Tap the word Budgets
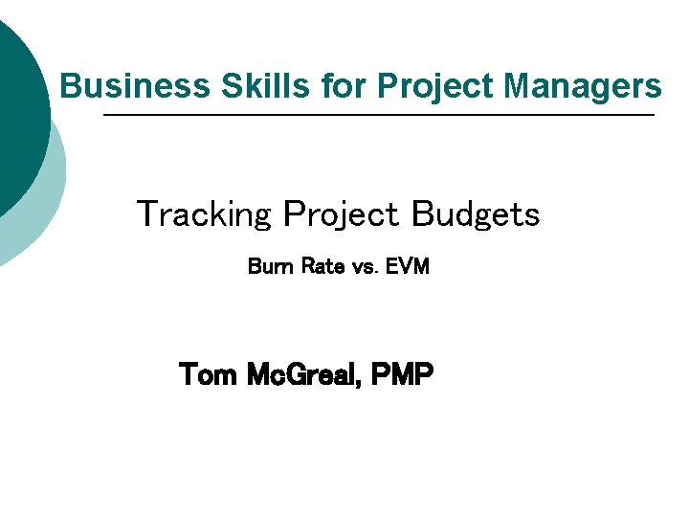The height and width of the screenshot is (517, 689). [x=476, y=214]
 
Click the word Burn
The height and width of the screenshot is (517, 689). [x=271, y=266]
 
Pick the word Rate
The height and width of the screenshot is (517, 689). [x=322, y=266]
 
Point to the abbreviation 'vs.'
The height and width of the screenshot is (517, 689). [x=366, y=267]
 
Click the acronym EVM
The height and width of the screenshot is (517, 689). [x=408, y=266]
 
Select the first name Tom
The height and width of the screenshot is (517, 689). [x=209, y=374]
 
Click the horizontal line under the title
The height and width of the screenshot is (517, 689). [x=378, y=115]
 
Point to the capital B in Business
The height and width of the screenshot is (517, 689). [x=69, y=86]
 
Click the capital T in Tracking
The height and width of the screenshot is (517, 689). [x=147, y=214]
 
